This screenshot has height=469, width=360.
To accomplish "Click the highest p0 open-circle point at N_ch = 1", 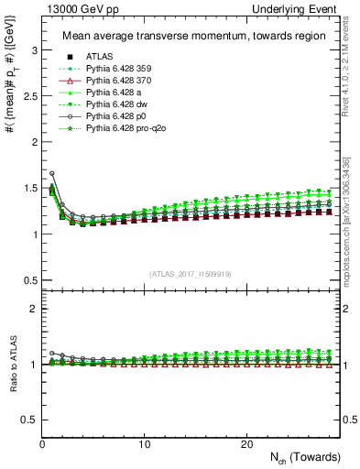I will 52,173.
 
